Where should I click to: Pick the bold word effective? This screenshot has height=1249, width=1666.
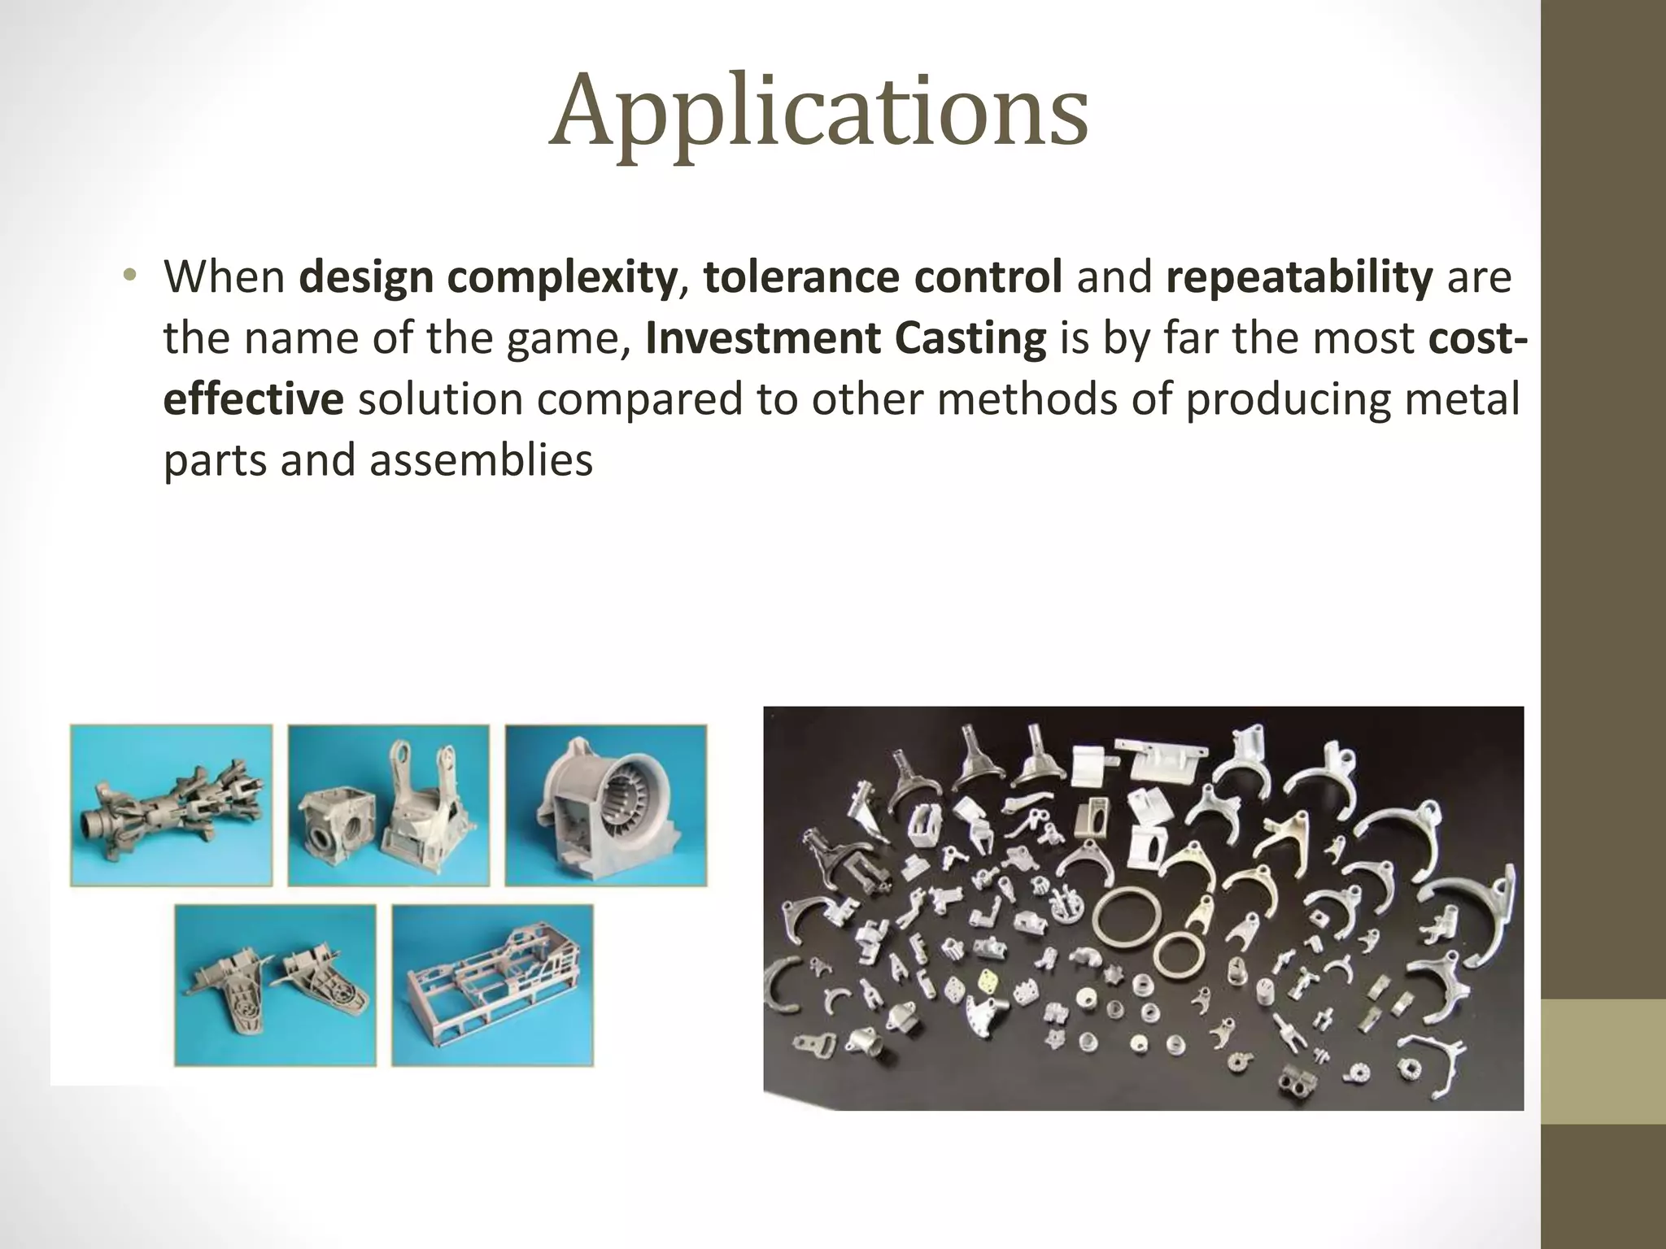pos(253,400)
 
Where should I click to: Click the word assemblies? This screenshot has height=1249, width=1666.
pos(481,461)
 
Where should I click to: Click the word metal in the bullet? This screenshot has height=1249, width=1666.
pos(1467,400)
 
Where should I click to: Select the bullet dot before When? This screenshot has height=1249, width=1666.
pos(128,276)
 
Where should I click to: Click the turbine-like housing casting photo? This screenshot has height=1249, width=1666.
pos(606,805)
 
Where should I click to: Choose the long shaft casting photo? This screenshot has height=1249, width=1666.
pos(171,805)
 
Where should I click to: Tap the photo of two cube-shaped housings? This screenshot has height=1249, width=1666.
pos(389,805)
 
